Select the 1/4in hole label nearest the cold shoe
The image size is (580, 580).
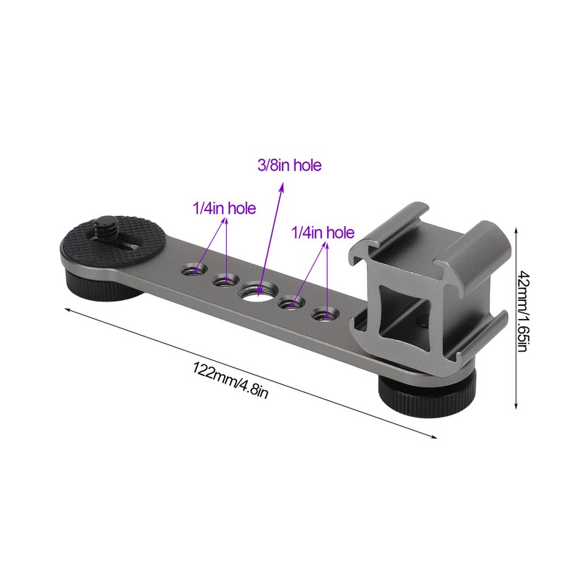(x=322, y=233)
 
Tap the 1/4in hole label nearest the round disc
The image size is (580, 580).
(x=224, y=209)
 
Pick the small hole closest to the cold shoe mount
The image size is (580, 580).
(x=323, y=314)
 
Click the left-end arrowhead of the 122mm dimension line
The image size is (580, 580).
(x=68, y=309)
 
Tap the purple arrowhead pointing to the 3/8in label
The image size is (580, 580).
(x=281, y=187)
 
